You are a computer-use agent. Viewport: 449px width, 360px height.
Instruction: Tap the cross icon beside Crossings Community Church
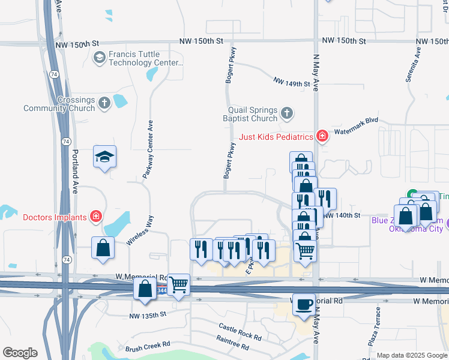[105, 102]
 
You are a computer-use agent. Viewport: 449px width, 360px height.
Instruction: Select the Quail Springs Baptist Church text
[252, 114]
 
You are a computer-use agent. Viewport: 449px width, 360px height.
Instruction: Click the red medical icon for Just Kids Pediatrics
[322, 136]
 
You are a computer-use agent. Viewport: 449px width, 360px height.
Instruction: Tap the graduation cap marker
[104, 157]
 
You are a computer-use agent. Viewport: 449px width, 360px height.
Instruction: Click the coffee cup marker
[304, 304]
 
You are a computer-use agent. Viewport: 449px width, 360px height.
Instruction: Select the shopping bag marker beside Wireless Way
[103, 247]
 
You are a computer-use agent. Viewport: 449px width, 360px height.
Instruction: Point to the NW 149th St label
[291, 82]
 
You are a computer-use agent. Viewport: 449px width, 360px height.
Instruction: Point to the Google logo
[20, 353]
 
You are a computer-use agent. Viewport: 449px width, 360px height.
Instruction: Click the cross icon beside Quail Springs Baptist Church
[287, 112]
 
